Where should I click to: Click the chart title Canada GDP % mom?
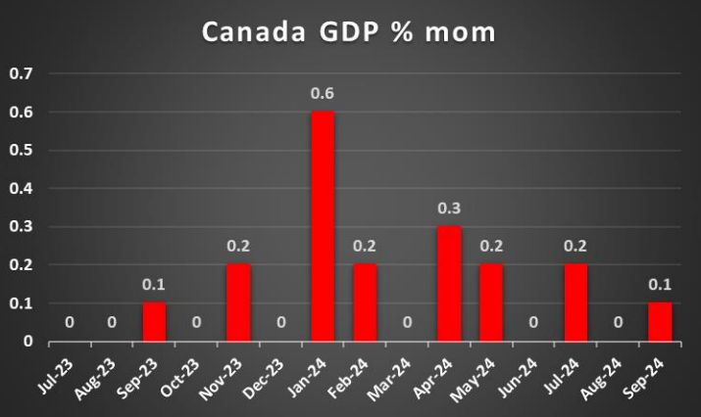[x=349, y=31]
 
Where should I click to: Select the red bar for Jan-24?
[x=323, y=227]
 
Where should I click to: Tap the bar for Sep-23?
[x=154, y=322]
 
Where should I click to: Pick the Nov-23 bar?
[x=238, y=303]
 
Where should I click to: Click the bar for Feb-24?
[x=365, y=303]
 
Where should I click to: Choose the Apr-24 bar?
[x=449, y=284]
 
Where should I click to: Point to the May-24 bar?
[x=491, y=303]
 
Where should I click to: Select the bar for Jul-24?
[x=576, y=303]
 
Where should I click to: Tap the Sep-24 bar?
[x=660, y=322]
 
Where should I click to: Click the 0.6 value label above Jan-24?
[x=323, y=94]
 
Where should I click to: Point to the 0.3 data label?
[x=449, y=208]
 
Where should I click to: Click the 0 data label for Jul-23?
[x=70, y=323]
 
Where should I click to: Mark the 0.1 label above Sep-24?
[x=660, y=285]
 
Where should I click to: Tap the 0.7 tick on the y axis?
[x=21, y=74]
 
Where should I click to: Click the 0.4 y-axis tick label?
[x=21, y=189]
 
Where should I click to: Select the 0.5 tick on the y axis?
[x=21, y=151]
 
